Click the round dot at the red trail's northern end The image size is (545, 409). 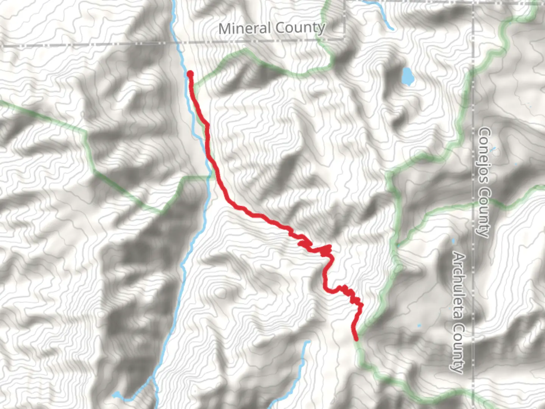[x=190, y=74]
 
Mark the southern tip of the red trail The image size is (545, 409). [x=356, y=339]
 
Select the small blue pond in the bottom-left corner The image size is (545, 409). [x=117, y=396]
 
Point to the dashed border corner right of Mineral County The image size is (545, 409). [x=344, y=38]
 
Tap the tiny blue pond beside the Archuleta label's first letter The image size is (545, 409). [x=453, y=241]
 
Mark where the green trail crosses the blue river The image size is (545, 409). [x=209, y=176]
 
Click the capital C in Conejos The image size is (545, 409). [x=485, y=133]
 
